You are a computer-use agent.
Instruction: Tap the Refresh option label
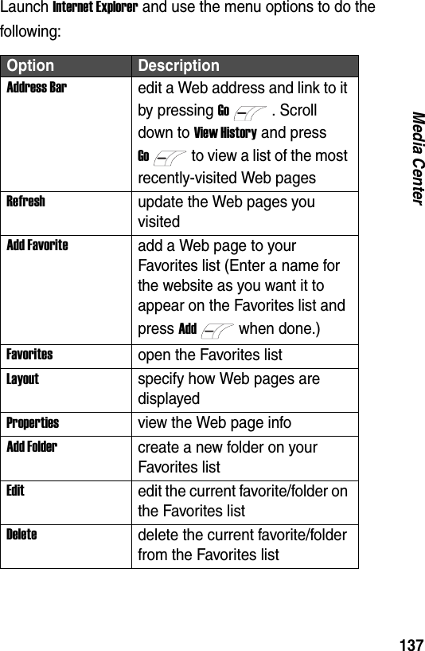pyautogui.click(x=25, y=202)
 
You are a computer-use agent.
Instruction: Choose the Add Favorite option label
pyautogui.click(x=37, y=245)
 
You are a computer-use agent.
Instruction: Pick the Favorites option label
pyautogui.click(x=29, y=352)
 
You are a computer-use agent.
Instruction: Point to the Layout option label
pyautogui.click(x=23, y=378)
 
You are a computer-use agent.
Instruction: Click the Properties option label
pyautogui.click(x=33, y=422)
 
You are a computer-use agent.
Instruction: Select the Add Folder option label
pyautogui.click(x=32, y=447)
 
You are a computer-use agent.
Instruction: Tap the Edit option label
pyautogui.click(x=15, y=490)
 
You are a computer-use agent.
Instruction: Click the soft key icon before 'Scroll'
pyautogui.click(x=250, y=111)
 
